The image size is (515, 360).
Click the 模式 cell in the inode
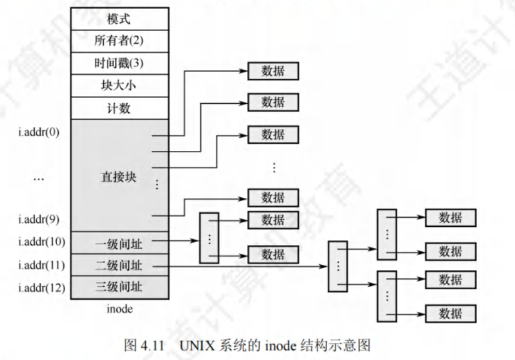(119, 19)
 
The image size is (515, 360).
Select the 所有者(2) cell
(119, 41)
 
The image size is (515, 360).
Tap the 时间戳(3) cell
(119, 63)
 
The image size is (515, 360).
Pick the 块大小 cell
(119, 86)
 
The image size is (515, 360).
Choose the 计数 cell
(119, 108)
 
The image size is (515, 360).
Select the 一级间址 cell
(119, 243)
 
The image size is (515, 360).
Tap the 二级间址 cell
(119, 265)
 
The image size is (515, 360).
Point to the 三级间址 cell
(119, 287)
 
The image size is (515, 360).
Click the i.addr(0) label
(39, 133)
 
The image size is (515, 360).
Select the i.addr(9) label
(39, 219)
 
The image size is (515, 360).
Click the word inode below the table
(120, 309)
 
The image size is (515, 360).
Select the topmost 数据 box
(273, 71)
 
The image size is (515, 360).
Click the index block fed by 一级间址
(209, 238)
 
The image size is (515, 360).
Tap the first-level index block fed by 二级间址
(337, 266)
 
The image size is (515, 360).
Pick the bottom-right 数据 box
(450, 314)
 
